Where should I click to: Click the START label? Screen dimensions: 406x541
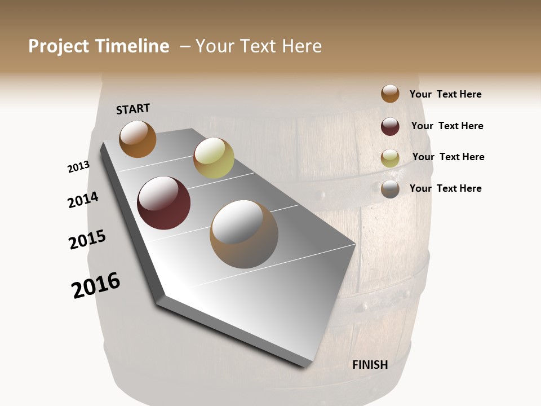tap(133, 108)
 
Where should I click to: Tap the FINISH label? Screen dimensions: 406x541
tap(370, 365)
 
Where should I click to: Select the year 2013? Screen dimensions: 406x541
tap(78, 167)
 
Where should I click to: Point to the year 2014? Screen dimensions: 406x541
tap(83, 200)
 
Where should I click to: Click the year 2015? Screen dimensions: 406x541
tap(87, 240)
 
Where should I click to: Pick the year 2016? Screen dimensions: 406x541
tap(96, 285)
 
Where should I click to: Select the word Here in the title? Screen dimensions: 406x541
tap(301, 46)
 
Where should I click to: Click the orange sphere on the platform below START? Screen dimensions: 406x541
tap(138, 139)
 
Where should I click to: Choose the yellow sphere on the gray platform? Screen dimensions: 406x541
tap(214, 158)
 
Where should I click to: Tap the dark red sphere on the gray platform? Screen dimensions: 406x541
tap(164, 203)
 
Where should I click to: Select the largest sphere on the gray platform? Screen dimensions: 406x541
tap(244, 234)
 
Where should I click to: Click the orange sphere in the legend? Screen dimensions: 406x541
tap(390, 94)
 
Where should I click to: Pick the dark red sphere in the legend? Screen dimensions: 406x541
tap(390, 126)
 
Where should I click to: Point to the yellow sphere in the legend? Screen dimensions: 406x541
tap(390, 158)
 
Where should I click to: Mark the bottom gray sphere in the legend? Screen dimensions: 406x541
tap(390, 189)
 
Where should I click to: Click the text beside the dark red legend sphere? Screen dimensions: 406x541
tap(447, 126)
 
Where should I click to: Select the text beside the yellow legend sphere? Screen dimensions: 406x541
tap(448, 157)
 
